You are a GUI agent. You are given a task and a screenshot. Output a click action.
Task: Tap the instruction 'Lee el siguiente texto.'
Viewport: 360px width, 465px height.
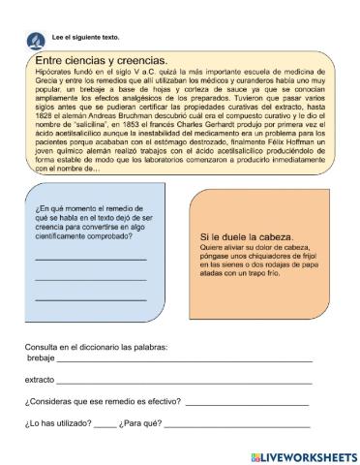pos(77,36)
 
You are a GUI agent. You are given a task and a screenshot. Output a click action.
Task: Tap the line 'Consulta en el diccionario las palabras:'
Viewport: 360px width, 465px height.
pos(97,346)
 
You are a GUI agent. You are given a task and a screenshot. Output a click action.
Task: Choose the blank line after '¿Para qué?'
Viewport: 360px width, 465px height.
pos(237,424)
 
